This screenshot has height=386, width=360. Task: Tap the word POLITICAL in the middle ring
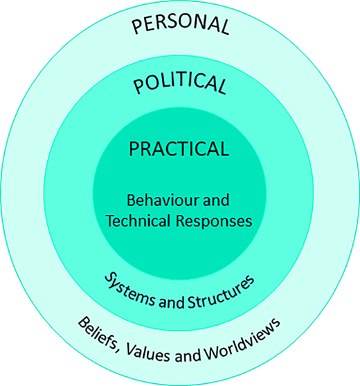click(x=180, y=85)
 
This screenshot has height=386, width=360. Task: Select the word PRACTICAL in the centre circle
click(x=179, y=148)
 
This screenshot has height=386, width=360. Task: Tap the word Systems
click(x=129, y=284)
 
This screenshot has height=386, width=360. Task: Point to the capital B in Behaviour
click(x=131, y=202)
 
